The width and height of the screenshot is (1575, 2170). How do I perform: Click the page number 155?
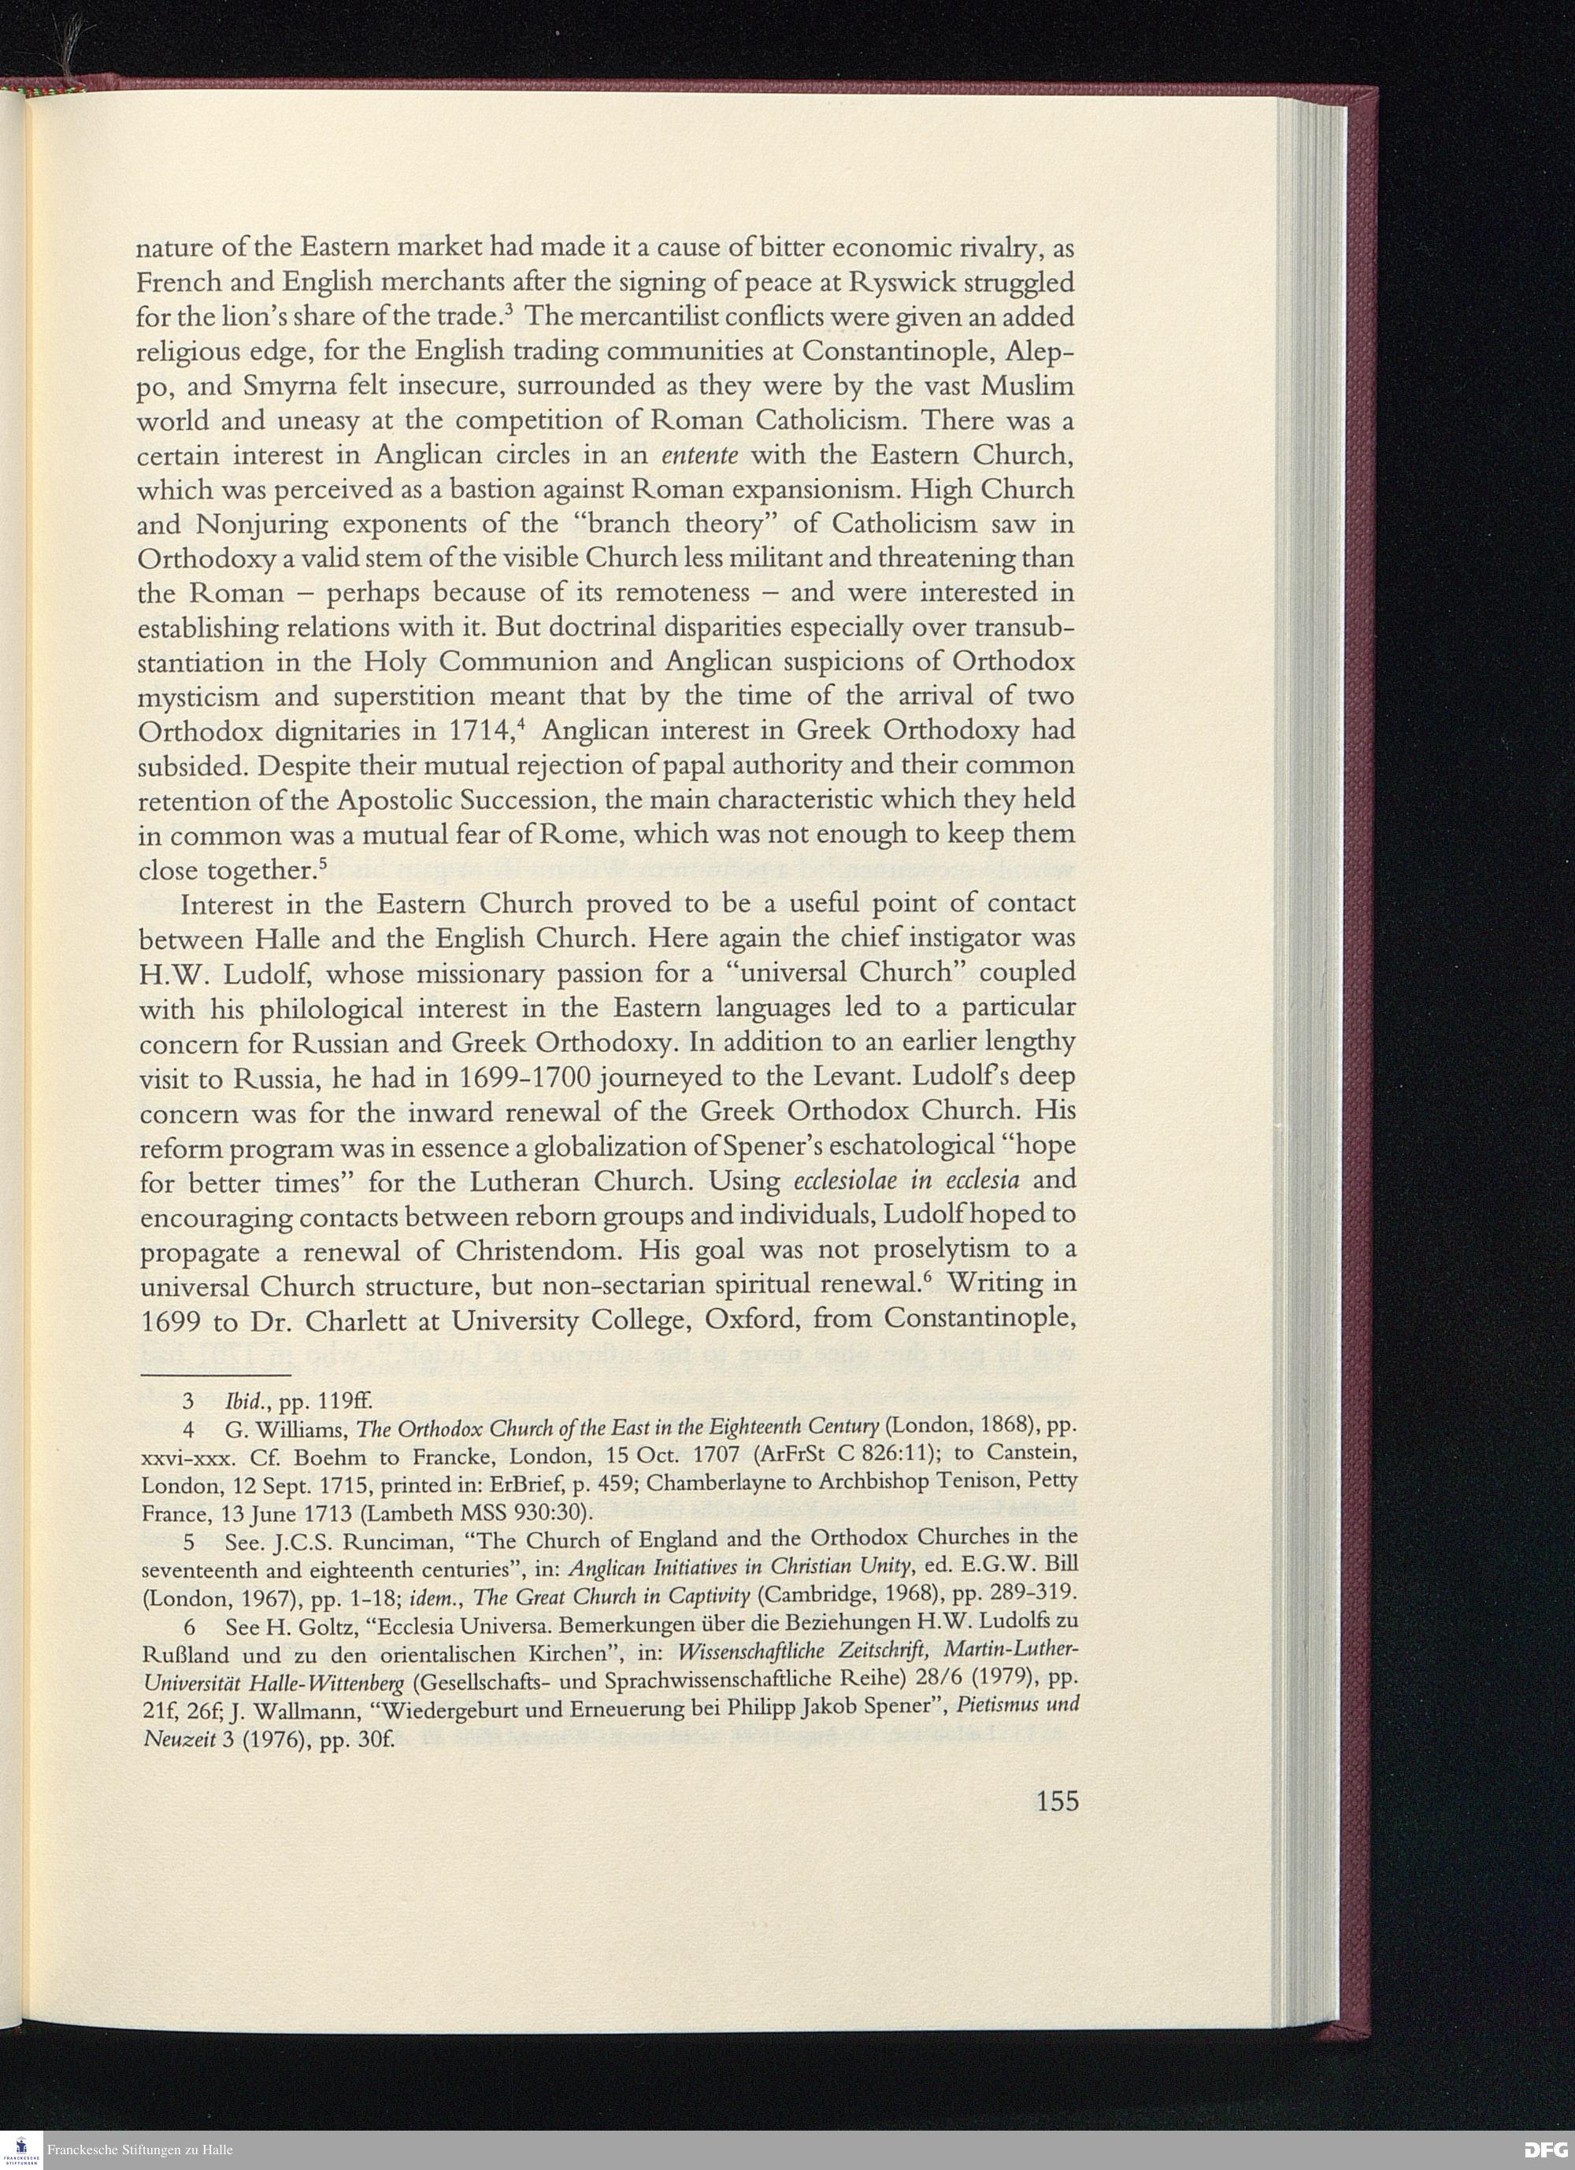pos(1056,1802)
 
